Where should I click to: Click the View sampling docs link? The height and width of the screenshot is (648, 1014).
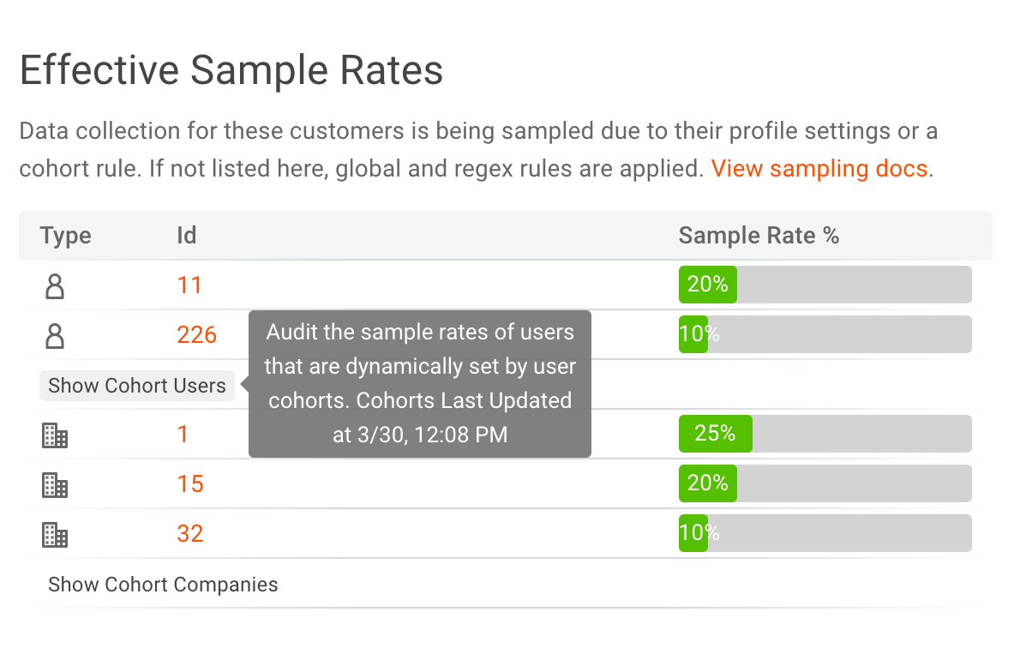[819, 168]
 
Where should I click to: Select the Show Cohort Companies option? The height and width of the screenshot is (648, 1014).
[163, 585]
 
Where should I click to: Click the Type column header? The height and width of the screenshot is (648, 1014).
[65, 236]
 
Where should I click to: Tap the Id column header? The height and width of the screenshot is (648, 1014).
[186, 236]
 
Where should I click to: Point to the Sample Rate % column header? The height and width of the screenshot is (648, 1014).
[758, 236]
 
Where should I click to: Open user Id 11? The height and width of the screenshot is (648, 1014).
[189, 285]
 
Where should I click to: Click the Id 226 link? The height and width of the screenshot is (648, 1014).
[196, 335]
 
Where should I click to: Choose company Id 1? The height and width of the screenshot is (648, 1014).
[183, 435]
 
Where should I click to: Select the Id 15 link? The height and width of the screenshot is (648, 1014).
[189, 484]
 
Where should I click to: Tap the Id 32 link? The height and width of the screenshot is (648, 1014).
[189, 534]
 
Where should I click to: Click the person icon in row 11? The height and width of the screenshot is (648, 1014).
[55, 285]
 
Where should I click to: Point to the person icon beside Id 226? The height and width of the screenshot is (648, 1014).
[55, 335]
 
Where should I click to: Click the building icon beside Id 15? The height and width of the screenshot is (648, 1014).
[55, 485]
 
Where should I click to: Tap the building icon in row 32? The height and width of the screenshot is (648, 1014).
[55, 535]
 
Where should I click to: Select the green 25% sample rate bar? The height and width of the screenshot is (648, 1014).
[715, 434]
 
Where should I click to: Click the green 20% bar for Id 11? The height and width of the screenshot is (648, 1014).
[707, 285]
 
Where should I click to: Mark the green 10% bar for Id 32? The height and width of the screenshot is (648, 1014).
[693, 533]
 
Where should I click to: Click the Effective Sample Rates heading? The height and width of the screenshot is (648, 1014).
[231, 70]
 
